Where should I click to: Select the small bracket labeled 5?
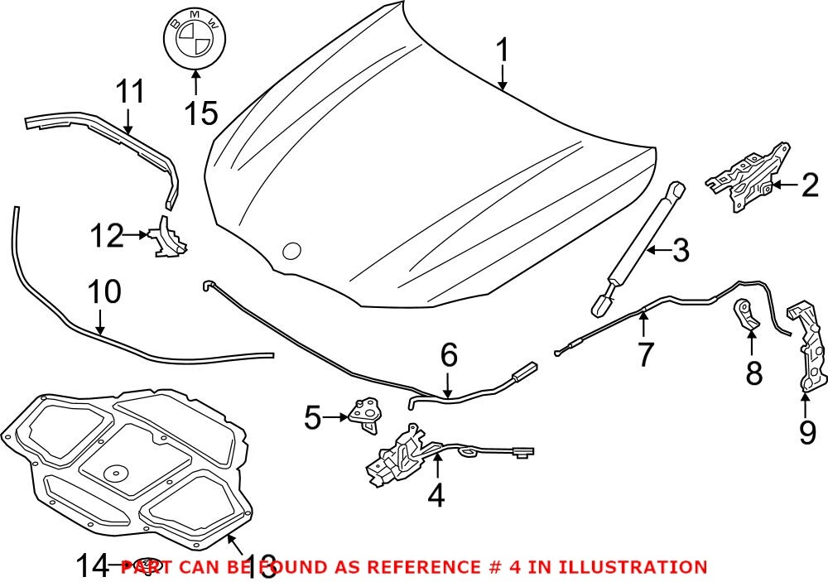point(363,412)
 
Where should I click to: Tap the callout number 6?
point(448,356)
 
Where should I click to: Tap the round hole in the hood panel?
point(291,251)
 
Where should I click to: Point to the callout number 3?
point(680,250)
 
